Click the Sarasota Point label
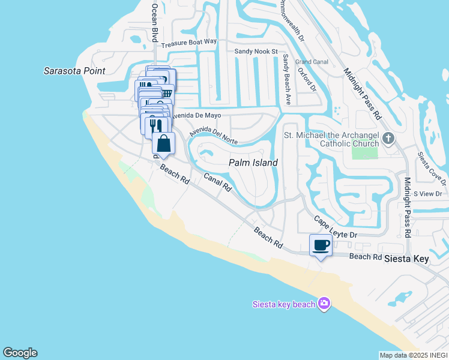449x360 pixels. pyautogui.click(x=74, y=71)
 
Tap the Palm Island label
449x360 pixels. pyautogui.click(x=253, y=163)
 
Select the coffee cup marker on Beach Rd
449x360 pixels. pyautogui.click(x=321, y=245)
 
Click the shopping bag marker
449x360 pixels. pyautogui.click(x=163, y=144)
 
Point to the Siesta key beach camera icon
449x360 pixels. pyautogui.click(x=324, y=304)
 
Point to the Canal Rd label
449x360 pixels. pyautogui.click(x=217, y=182)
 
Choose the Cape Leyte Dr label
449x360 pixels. pyautogui.click(x=336, y=227)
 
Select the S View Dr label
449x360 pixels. pyautogui.click(x=427, y=194)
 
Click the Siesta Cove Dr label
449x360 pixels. pyautogui.click(x=432, y=166)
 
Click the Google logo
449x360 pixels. pyautogui.click(x=20, y=353)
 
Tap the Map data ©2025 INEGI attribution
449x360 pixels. pyautogui.click(x=413, y=355)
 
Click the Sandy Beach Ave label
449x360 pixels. pyautogui.click(x=286, y=80)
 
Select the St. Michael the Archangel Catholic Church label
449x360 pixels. pyautogui.click(x=331, y=140)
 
